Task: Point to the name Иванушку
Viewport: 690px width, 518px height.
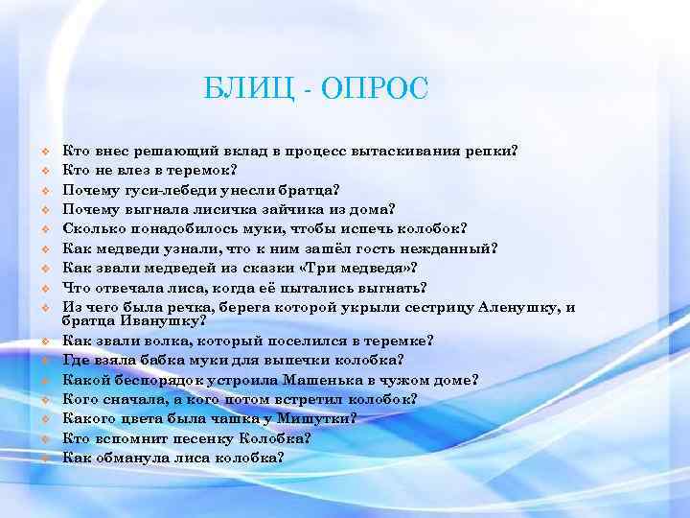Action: [x=157, y=321]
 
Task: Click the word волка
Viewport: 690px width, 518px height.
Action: [x=160, y=340]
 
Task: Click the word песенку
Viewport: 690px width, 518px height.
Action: [x=206, y=437]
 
